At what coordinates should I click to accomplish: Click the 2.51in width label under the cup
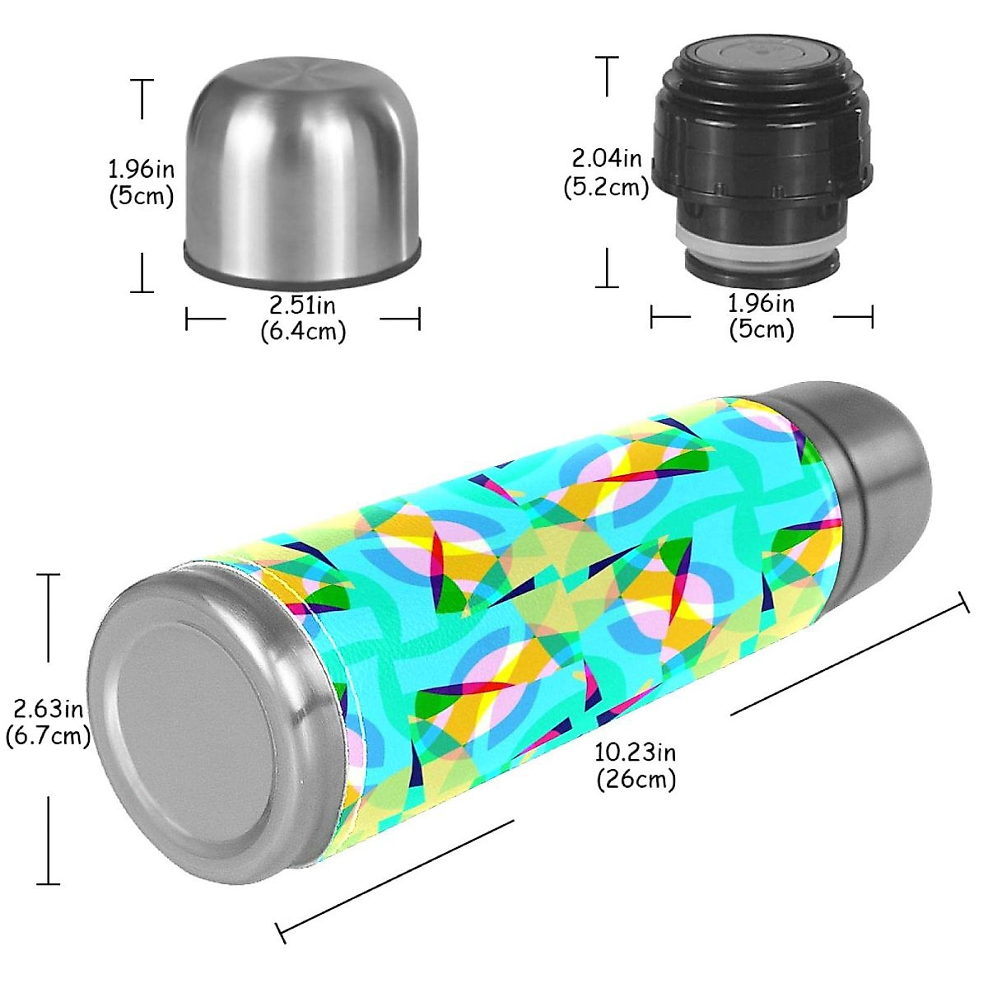pos(303,305)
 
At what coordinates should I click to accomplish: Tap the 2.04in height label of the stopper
pos(608,157)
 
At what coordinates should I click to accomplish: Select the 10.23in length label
pos(636,753)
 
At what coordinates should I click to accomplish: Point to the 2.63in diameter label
pos(48,708)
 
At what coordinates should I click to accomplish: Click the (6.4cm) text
pos(303,331)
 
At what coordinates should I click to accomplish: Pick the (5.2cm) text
pos(607,187)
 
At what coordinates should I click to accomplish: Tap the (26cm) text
pos(636,779)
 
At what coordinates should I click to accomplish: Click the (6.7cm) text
pos(48,735)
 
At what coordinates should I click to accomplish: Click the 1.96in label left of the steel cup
pos(142,170)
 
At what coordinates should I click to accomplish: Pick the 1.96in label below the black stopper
pos(762,303)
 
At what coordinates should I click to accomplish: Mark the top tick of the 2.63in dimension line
pos(49,575)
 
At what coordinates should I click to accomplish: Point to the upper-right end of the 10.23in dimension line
pos(965,604)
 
